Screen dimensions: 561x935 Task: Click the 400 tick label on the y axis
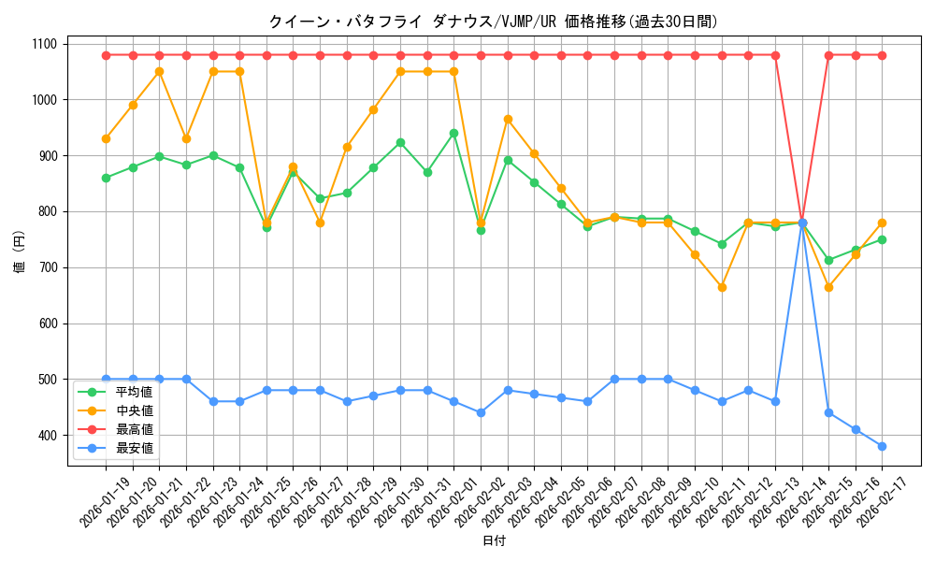[x=46, y=436]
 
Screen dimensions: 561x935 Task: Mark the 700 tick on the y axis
[x=46, y=267]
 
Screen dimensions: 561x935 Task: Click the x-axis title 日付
[x=494, y=541]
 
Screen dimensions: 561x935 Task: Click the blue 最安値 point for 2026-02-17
[x=882, y=446]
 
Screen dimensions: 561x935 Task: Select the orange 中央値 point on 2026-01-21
[x=159, y=71]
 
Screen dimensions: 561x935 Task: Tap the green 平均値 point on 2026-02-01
[x=453, y=133]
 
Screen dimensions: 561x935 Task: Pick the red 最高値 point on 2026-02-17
[x=882, y=55]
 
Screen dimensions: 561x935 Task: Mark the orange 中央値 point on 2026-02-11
[x=721, y=287]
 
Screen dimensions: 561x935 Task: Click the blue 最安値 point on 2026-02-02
[x=481, y=412]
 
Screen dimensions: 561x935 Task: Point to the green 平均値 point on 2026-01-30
[x=400, y=142]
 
